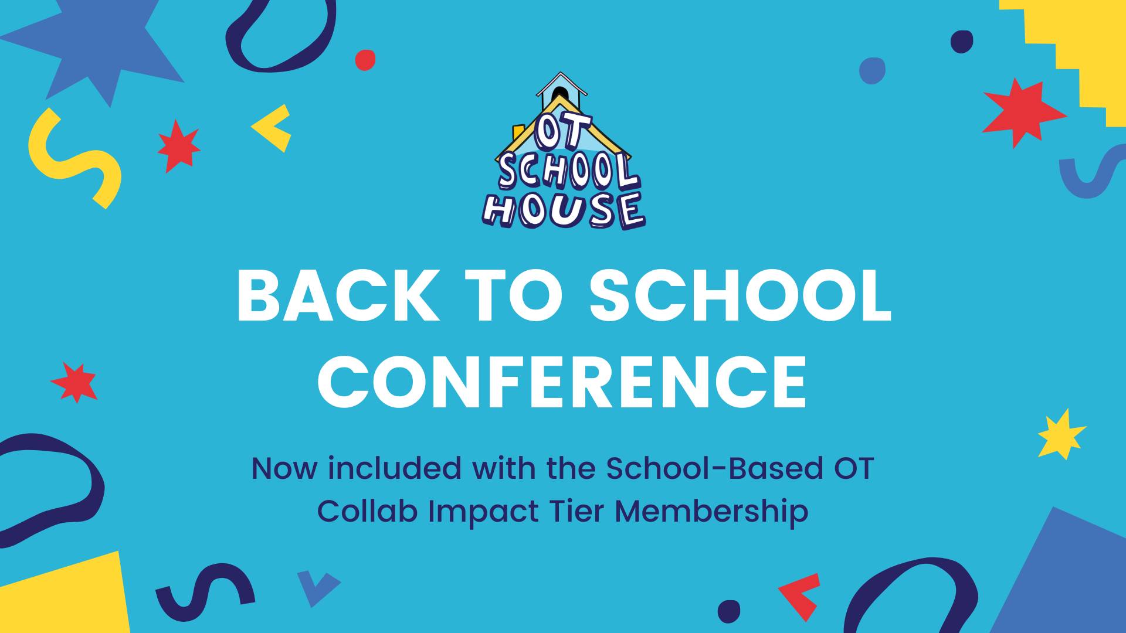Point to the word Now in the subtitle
coord(284,469)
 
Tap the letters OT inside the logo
coord(564,132)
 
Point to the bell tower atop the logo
coord(562,92)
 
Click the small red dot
coord(365,60)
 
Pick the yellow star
coord(1061,434)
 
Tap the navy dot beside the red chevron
coord(729,611)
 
